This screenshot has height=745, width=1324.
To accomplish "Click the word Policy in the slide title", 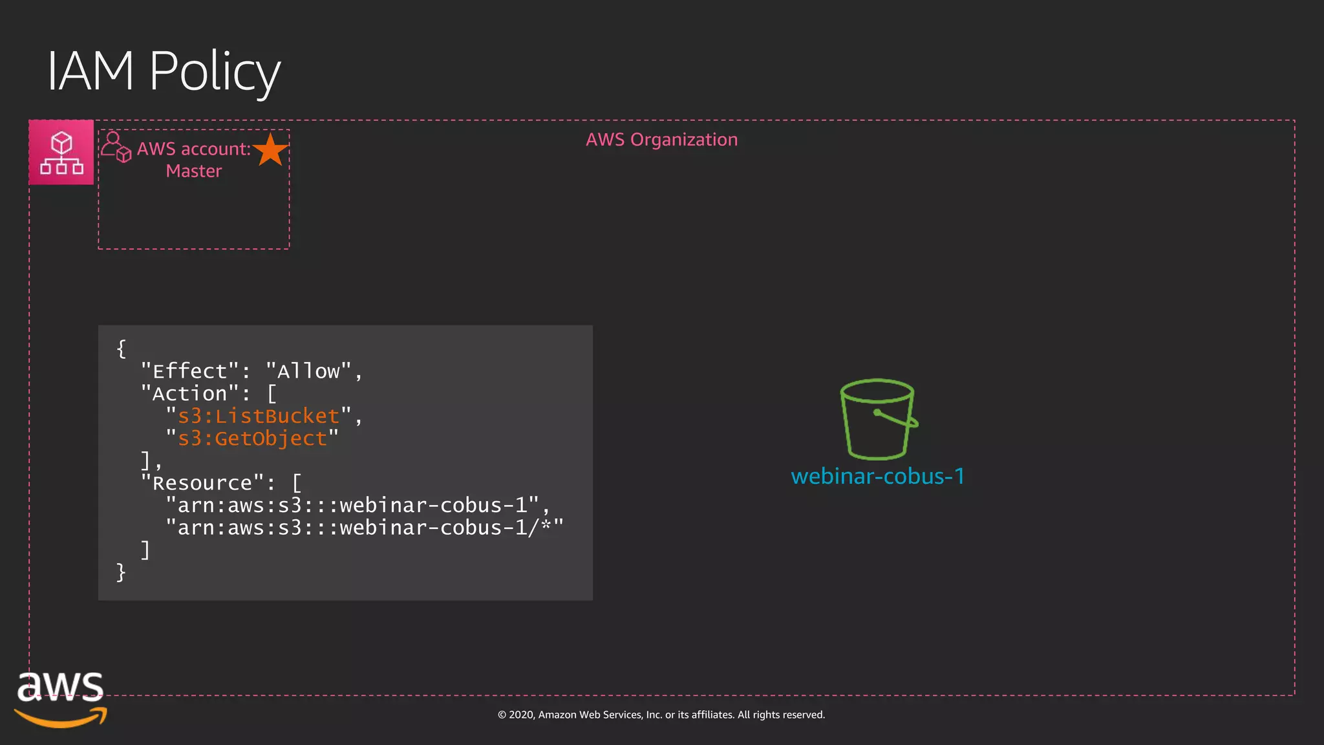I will (215, 71).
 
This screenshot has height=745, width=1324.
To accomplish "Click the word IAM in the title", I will (91, 71).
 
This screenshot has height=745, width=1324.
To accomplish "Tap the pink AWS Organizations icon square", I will (61, 153).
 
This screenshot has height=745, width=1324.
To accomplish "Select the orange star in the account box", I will (270, 150).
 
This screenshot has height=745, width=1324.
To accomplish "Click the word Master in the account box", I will (193, 171).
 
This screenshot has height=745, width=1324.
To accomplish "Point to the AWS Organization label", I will (661, 140).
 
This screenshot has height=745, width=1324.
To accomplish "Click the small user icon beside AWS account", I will (116, 147).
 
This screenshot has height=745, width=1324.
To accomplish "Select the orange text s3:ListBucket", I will (259, 416).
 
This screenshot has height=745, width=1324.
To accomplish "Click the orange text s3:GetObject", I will (252, 438).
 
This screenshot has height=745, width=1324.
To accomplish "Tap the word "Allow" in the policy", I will (308, 371).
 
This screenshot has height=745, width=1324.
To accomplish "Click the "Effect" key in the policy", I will (190, 371).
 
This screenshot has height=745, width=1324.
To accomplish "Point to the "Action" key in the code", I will (190, 394).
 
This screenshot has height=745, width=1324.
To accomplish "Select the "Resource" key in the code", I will (202, 483).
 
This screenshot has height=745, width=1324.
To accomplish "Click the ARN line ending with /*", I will (364, 528).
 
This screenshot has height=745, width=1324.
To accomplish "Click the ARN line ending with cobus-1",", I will (358, 505).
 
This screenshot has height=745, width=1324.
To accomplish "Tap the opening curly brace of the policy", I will (121, 349).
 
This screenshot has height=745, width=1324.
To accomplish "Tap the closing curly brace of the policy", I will (121, 572).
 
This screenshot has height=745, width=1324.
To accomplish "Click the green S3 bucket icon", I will (877, 419).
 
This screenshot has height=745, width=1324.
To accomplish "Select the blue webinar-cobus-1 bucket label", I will (877, 477).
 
